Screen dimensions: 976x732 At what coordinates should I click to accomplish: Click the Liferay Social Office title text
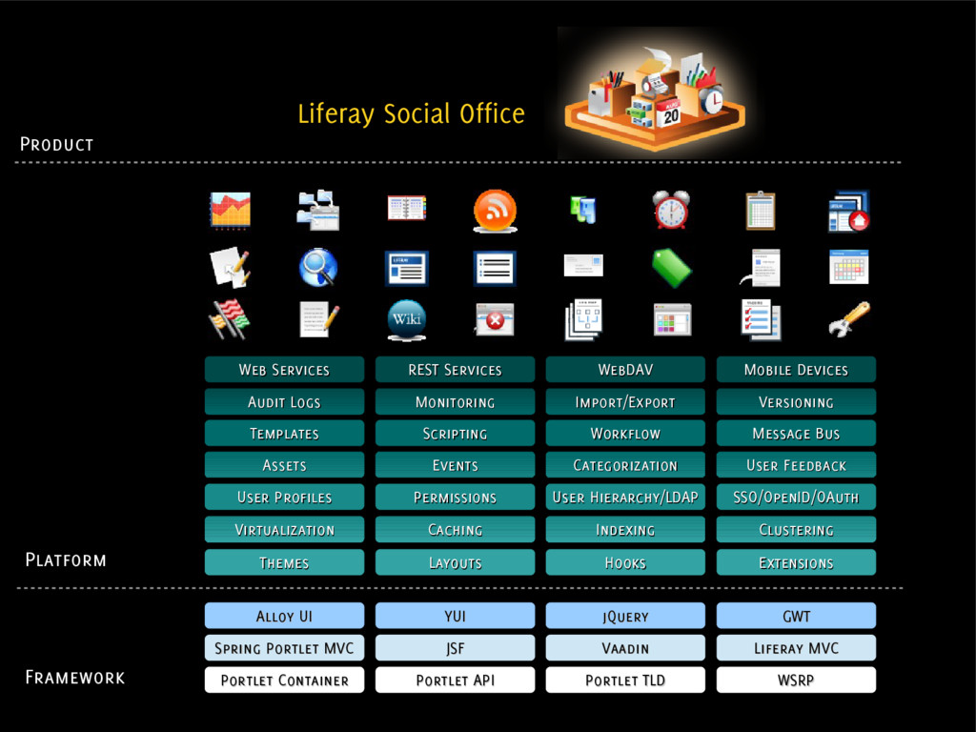[411, 114]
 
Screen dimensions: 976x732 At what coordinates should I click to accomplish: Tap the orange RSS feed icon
[495, 211]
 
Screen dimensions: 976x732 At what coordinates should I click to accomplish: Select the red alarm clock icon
[671, 210]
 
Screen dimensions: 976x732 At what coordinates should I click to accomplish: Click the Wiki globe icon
[406, 319]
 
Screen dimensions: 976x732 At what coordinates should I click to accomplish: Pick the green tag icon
[671, 268]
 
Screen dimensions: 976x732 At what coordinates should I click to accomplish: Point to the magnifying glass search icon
[317, 267]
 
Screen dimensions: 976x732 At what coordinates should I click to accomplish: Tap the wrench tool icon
[848, 319]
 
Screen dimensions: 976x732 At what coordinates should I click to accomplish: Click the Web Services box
[284, 370]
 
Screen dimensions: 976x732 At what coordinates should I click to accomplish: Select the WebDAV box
[625, 370]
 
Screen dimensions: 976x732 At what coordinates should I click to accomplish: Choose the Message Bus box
[796, 434]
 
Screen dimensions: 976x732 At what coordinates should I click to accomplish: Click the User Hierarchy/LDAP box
[625, 498]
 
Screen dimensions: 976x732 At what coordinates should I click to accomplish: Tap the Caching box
[455, 530]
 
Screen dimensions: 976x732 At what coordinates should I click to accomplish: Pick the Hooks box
[625, 562]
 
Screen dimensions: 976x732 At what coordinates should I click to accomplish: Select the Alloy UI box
[284, 616]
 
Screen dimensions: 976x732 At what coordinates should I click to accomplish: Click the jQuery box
[625, 616]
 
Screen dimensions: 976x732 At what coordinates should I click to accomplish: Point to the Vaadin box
[625, 648]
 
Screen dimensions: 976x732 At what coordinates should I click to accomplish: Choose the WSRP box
[796, 680]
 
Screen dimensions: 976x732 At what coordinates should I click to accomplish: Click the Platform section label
[66, 559]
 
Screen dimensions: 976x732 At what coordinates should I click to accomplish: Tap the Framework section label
[74, 678]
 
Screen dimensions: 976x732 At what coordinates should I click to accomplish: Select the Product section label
[57, 144]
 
